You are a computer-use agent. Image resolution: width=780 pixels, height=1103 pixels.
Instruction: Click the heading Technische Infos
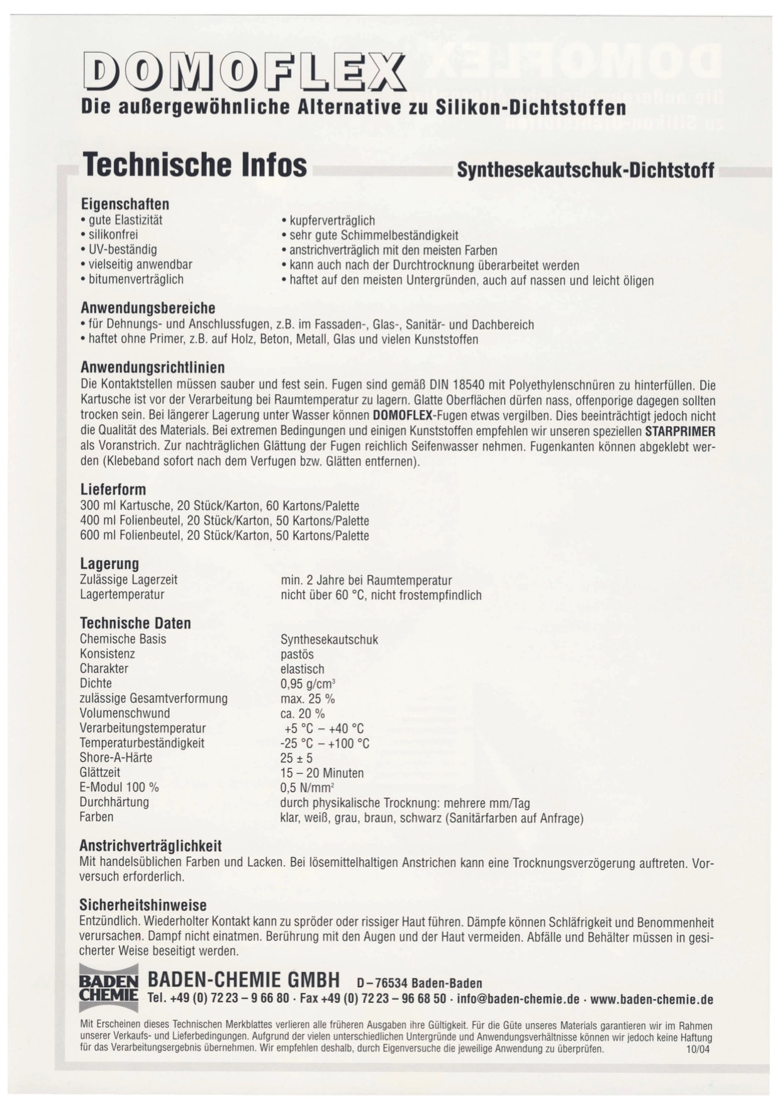195,165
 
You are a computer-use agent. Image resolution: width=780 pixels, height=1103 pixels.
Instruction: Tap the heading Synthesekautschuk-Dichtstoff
586,170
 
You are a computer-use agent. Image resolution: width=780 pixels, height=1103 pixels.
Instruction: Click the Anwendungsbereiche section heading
148,308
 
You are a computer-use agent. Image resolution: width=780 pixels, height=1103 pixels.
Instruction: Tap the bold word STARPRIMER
680,431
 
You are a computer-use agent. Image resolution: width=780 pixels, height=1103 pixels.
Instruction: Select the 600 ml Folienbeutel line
225,535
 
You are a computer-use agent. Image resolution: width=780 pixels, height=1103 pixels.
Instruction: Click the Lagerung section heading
109,563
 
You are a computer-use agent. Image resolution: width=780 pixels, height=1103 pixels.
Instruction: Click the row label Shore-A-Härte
116,758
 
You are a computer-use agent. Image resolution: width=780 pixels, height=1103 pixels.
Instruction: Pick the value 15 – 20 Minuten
322,773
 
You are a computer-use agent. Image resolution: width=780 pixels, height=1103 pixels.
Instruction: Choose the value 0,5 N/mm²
307,788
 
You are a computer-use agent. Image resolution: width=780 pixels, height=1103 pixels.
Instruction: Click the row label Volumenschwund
125,713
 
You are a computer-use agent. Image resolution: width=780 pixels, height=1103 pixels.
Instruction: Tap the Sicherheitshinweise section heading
143,905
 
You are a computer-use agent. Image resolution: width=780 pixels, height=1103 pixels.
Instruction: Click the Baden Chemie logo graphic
108,987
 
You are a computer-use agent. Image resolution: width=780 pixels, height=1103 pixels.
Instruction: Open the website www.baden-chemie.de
652,999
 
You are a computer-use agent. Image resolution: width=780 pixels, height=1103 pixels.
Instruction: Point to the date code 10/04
699,1049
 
